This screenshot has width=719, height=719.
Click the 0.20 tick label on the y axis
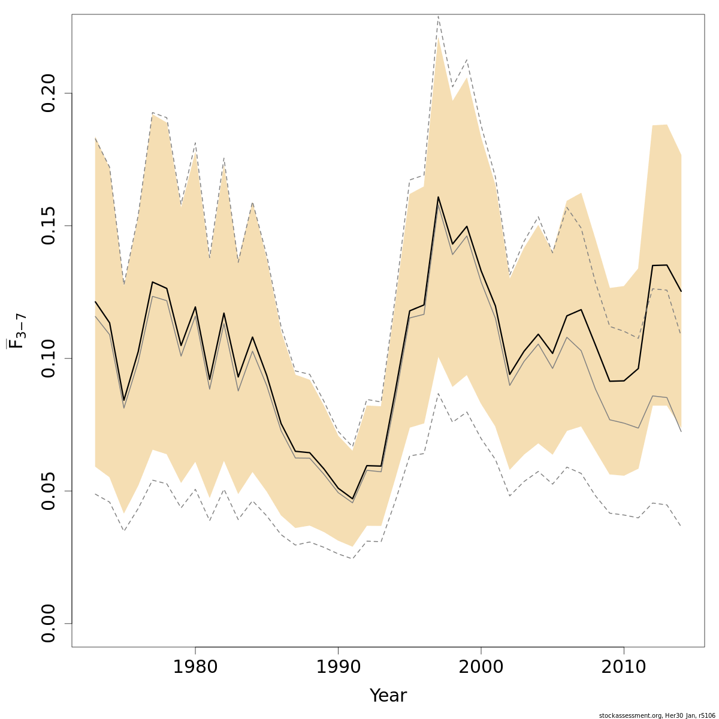(47, 93)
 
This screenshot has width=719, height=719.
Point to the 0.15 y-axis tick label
(47, 226)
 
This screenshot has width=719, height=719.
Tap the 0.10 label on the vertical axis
(47, 358)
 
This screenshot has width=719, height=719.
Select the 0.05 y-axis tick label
(47, 491)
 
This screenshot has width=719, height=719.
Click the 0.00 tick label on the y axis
(47, 623)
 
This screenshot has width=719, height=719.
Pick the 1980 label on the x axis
(195, 667)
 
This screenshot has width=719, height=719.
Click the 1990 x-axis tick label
(339, 667)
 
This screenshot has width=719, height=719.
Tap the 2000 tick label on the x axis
(481, 667)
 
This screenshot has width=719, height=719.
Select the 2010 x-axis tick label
(624, 667)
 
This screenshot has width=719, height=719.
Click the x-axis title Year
(388, 696)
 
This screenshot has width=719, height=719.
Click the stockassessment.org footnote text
(657, 715)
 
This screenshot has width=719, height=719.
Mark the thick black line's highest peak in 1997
(438, 197)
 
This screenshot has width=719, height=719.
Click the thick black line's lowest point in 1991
(352, 499)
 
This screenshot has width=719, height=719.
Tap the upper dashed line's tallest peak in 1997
(438, 16)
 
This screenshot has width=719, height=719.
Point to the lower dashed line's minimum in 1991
(352, 558)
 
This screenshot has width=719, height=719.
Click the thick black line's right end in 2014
(681, 291)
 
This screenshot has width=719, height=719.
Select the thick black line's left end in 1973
(95, 302)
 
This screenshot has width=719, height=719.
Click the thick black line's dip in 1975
(124, 400)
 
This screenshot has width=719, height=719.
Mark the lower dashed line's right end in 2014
(681, 526)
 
